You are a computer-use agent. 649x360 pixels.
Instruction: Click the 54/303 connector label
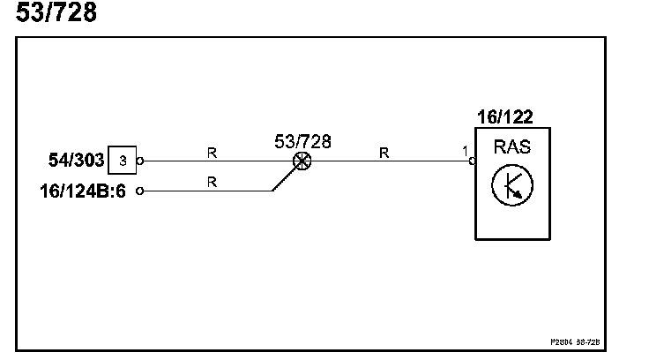click(74, 161)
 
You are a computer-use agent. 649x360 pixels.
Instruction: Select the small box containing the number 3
click(123, 161)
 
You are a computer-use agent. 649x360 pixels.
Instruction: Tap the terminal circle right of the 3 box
click(140, 161)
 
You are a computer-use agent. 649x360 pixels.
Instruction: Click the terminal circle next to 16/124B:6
click(140, 190)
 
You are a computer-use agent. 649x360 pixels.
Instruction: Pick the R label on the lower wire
click(212, 183)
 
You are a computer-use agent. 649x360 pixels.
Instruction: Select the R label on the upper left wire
click(212, 153)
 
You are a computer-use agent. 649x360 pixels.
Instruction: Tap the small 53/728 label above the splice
click(302, 141)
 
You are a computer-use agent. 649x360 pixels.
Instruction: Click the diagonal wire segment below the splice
click(284, 179)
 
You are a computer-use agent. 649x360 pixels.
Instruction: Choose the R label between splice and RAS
click(384, 153)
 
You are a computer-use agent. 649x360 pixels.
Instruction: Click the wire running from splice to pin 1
click(388, 161)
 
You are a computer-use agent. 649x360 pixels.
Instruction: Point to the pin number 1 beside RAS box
click(465, 152)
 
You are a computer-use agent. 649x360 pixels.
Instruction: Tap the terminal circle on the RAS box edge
click(473, 161)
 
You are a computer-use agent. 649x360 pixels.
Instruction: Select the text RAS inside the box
click(512, 146)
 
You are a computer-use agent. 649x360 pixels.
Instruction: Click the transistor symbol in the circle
click(512, 184)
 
